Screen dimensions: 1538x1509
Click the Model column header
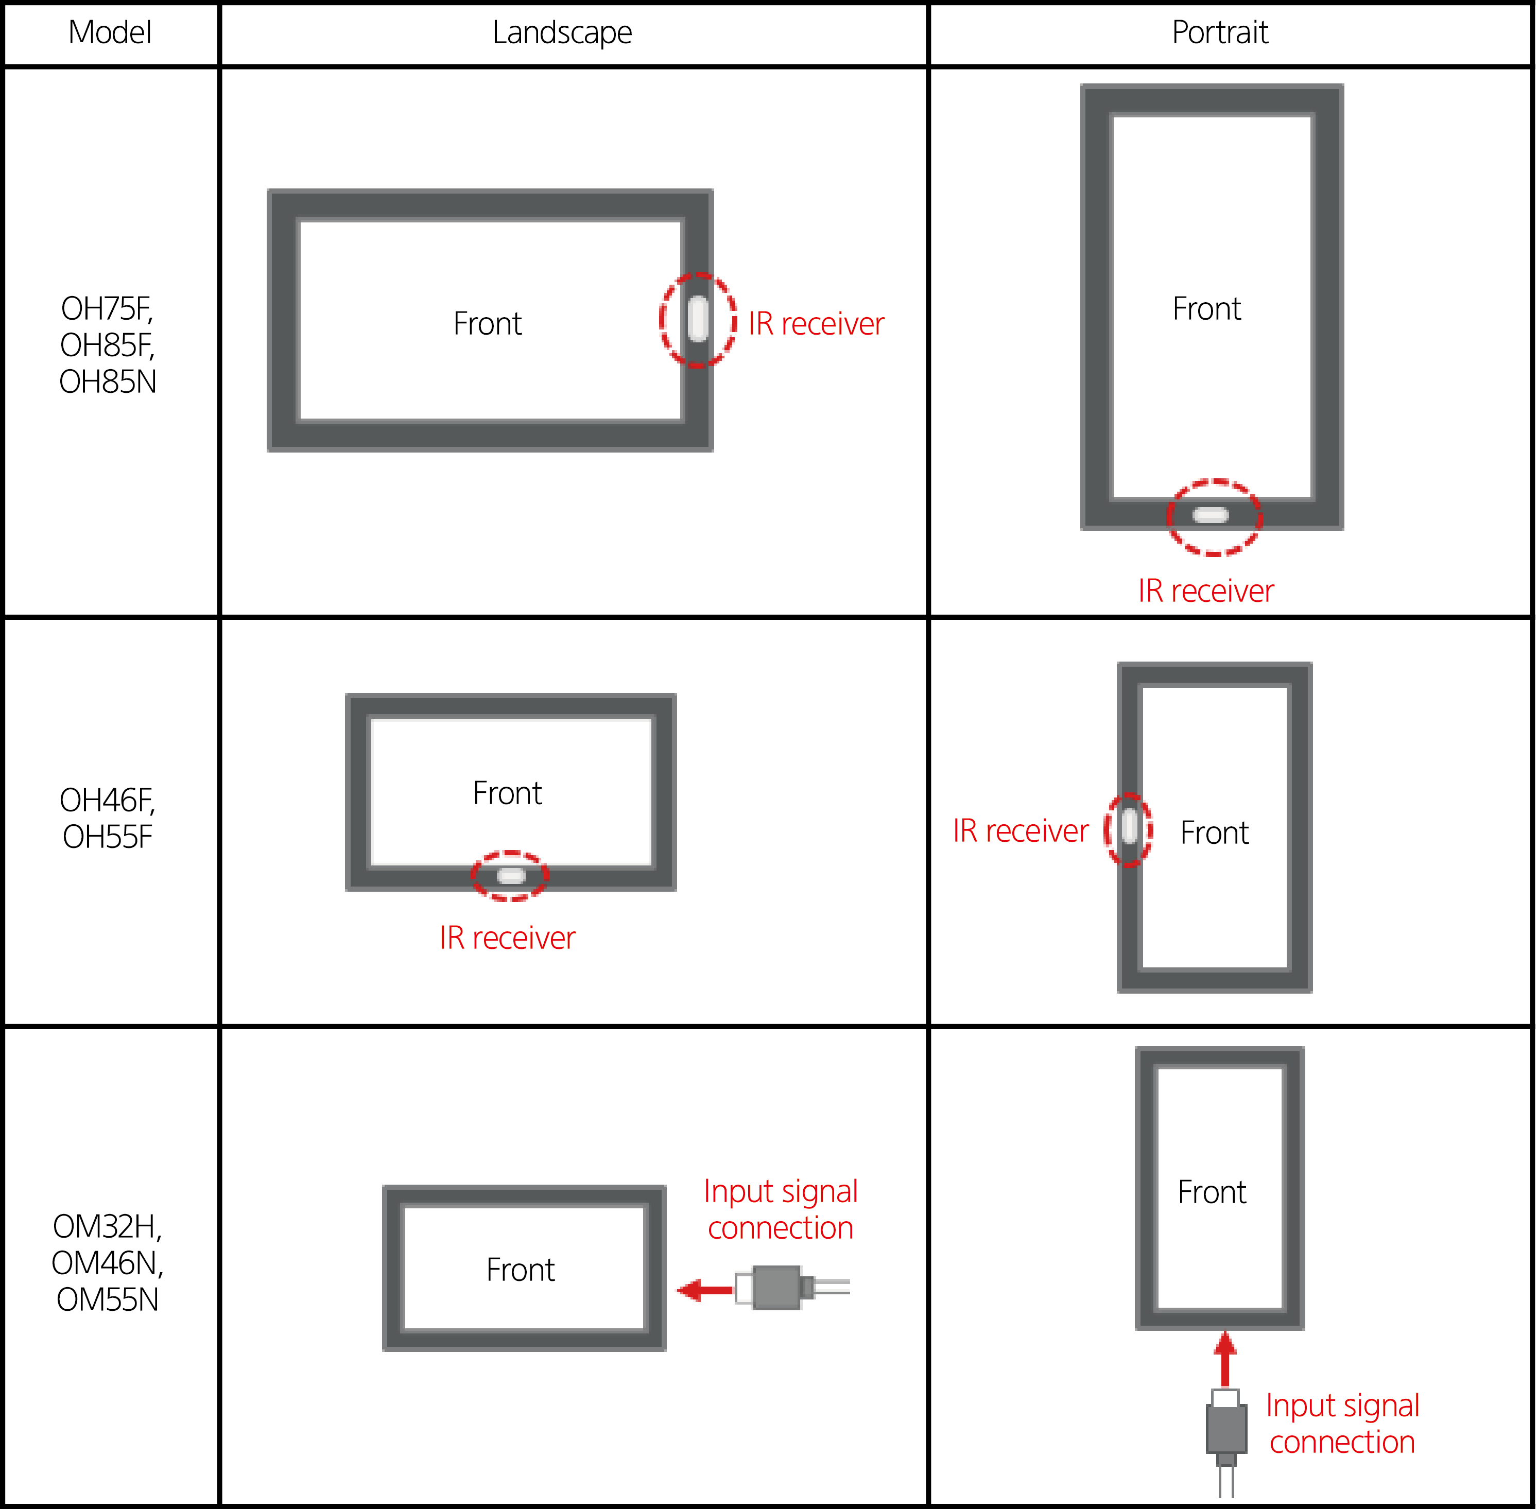coord(110,32)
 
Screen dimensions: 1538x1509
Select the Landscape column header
coord(562,32)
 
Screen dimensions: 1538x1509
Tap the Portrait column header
coord(1220,32)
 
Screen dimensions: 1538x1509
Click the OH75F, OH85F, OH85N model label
coord(108,345)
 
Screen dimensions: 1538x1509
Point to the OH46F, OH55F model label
coord(108,818)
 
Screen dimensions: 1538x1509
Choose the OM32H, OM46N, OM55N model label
coord(108,1262)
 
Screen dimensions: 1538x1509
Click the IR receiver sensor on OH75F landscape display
coord(698,319)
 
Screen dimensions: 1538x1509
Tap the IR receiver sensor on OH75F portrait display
coord(1211,516)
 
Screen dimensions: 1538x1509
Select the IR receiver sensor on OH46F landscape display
coord(511,875)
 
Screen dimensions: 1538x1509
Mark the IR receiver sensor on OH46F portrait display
coord(1130,827)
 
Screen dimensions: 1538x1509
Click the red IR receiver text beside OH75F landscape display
coord(817,323)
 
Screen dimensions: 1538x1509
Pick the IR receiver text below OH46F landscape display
coord(507,938)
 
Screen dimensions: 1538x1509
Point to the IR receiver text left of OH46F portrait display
coord(1021,830)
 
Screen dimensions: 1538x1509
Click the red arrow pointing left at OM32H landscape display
coord(705,1290)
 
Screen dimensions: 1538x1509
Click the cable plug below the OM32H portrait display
coord(1225,1443)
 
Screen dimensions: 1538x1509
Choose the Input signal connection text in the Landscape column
coord(781,1209)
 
